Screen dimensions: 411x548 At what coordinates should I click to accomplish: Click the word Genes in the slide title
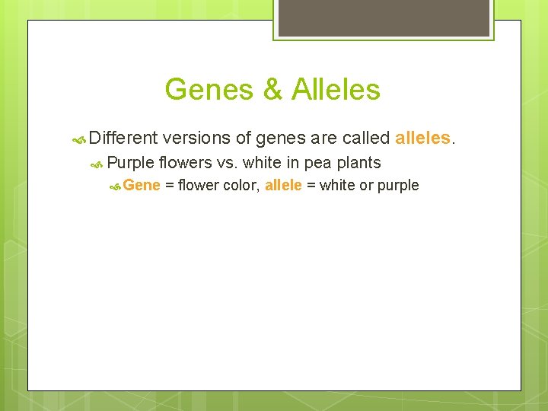click(208, 90)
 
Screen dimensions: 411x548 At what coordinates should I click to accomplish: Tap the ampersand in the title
click(272, 90)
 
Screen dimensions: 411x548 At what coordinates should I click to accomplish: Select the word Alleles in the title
click(334, 90)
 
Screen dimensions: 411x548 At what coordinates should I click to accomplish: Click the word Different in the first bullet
click(123, 139)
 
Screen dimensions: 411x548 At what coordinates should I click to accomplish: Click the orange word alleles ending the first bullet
click(422, 139)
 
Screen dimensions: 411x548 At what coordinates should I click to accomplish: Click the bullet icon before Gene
click(115, 186)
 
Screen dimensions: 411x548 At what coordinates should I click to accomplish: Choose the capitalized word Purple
click(130, 163)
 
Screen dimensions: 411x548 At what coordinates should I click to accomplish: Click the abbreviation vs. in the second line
click(227, 163)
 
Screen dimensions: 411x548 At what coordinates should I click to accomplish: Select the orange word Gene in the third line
click(142, 185)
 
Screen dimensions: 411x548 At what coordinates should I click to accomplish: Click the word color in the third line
click(241, 185)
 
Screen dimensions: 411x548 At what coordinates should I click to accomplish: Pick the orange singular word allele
click(283, 185)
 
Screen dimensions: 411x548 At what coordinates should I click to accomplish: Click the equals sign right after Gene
click(169, 185)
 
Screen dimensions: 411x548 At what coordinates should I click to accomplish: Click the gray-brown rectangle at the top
click(383, 17)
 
